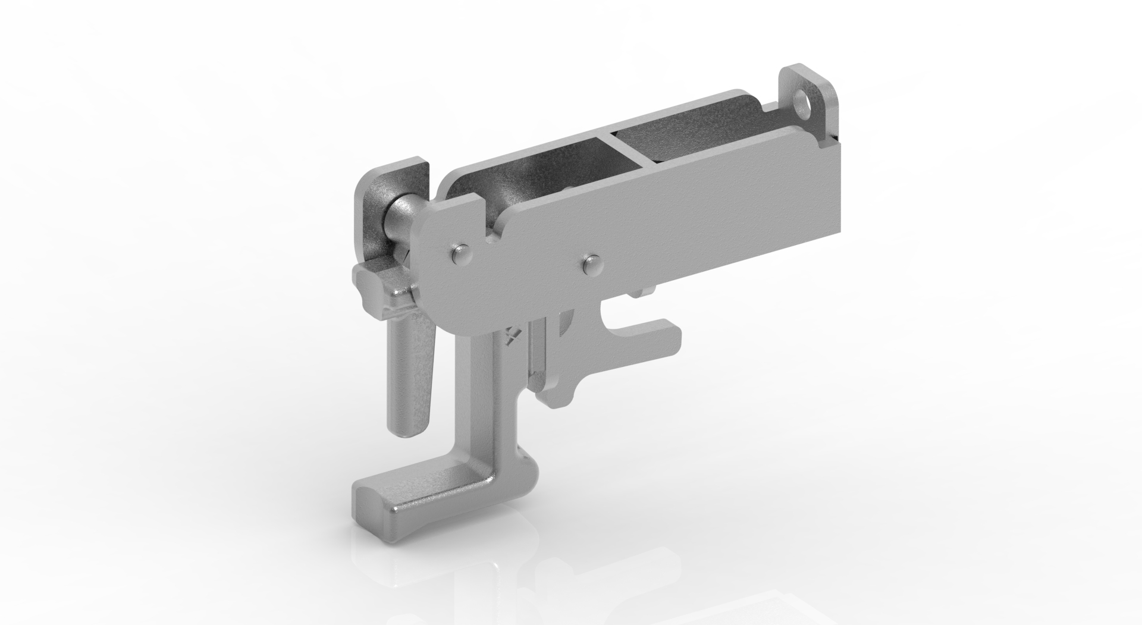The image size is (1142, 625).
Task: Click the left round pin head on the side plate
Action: pyautogui.click(x=460, y=255)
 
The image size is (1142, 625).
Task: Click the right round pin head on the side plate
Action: pyautogui.click(x=591, y=263)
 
